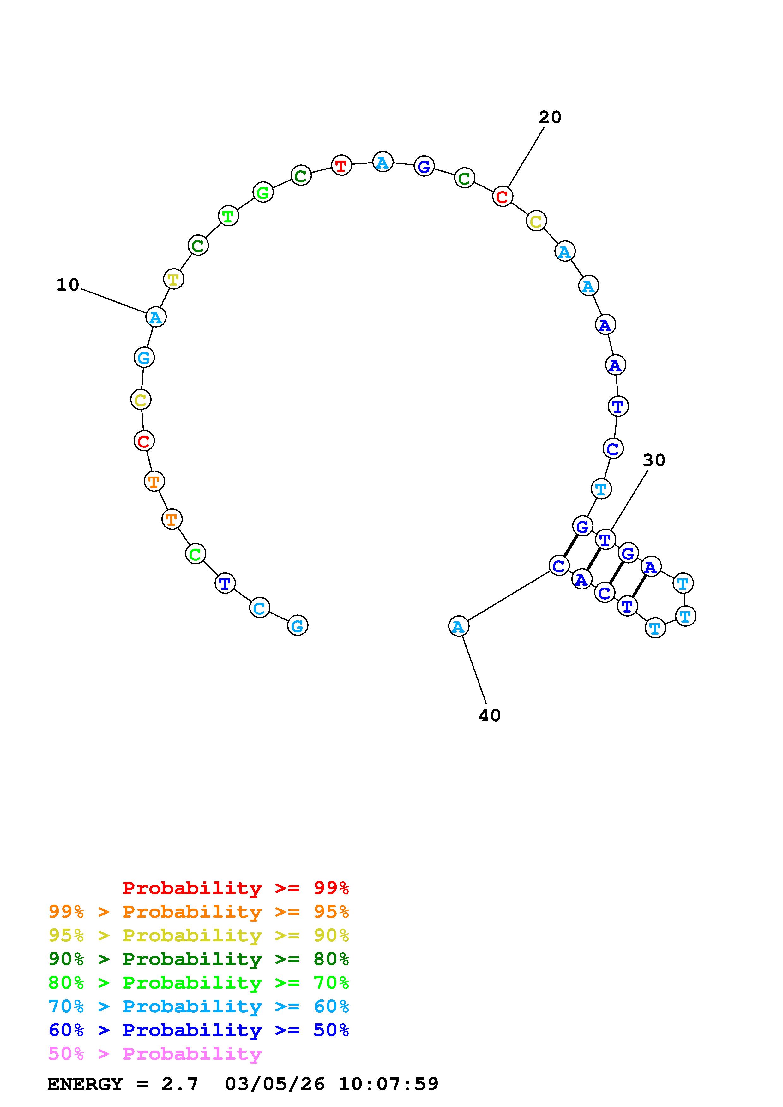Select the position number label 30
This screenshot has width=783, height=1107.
(x=654, y=460)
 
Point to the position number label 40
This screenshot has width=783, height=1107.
(x=490, y=715)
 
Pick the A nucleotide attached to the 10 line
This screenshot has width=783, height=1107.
(x=155, y=317)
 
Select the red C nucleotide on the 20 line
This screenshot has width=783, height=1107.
(x=502, y=196)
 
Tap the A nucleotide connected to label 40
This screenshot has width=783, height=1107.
(x=458, y=626)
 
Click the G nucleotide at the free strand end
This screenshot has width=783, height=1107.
(x=297, y=626)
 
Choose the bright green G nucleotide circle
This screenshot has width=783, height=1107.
(x=263, y=193)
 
